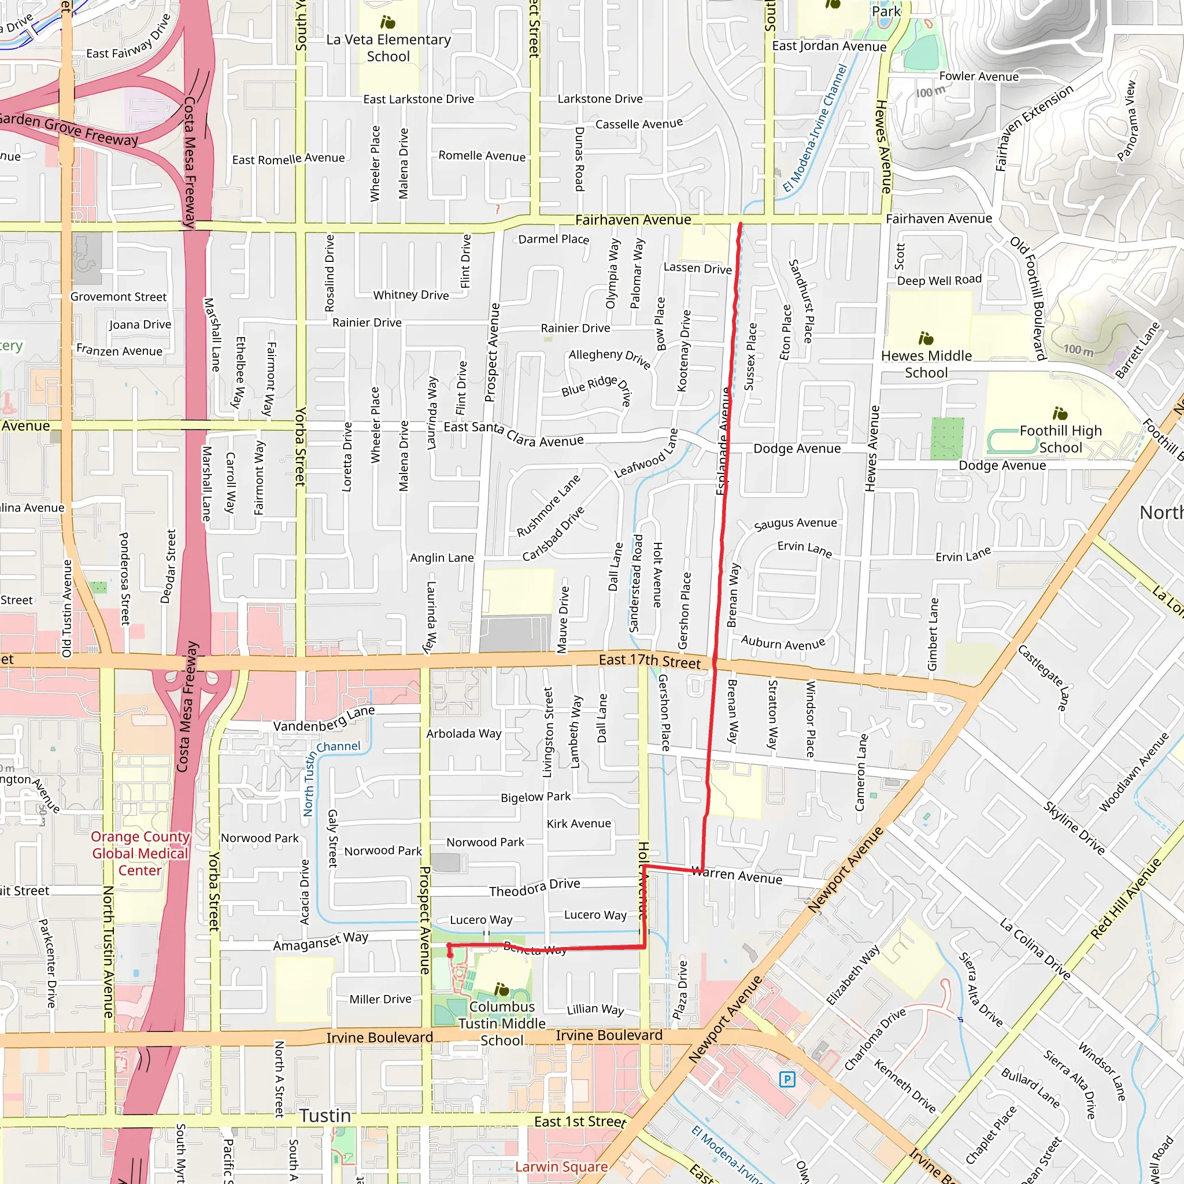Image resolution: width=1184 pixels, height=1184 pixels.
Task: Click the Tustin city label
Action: tap(325, 1115)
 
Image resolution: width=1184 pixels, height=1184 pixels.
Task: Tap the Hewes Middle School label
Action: tap(926, 364)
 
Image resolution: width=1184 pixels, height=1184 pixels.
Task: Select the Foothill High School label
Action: tap(1060, 439)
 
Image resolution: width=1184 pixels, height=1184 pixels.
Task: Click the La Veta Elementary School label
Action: tap(388, 48)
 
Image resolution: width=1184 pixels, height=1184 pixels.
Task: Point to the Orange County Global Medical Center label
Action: tap(140, 853)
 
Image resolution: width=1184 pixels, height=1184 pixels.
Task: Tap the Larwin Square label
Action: tap(561, 1166)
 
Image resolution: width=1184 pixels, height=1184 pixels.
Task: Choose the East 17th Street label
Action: tap(650, 661)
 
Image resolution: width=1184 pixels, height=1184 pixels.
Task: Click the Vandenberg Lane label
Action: tap(324, 718)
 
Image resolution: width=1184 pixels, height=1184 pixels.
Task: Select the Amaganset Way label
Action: tap(320, 941)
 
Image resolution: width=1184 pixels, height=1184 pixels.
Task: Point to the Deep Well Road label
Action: tap(939, 280)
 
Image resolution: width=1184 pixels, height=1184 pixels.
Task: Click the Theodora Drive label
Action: tap(534, 887)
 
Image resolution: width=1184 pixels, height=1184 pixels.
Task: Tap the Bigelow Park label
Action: tap(535, 797)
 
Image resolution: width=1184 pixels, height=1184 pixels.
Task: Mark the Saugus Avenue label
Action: tap(795, 523)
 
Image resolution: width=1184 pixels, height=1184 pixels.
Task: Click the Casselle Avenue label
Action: tap(639, 124)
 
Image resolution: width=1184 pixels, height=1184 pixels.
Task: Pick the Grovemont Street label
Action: tap(119, 297)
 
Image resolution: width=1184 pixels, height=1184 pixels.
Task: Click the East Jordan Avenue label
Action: tap(828, 46)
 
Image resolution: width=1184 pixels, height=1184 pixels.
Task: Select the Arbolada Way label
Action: tap(463, 733)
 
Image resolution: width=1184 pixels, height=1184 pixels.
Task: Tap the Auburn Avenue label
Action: tap(783, 643)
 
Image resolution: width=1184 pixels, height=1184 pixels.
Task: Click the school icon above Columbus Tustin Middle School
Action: tap(501, 989)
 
